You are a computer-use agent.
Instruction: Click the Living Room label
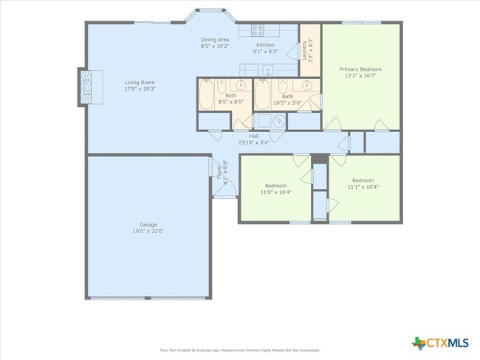[140, 83]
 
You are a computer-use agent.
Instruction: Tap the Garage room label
[148, 225]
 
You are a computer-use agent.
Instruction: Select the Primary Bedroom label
[360, 69]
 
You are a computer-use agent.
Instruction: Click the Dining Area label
[215, 40]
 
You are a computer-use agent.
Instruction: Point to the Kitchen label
[265, 45]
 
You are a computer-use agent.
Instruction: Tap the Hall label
[253, 136]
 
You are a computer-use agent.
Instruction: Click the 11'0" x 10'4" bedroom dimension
[275, 193]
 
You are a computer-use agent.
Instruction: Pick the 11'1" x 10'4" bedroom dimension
[363, 187]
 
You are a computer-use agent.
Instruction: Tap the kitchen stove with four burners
[258, 30]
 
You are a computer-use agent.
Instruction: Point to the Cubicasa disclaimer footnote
[240, 350]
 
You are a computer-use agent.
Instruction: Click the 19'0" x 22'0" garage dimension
[148, 232]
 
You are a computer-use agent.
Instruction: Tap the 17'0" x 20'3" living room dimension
[140, 89]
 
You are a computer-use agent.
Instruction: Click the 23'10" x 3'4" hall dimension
[253, 142]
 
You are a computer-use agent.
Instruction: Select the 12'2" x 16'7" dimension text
[360, 76]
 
